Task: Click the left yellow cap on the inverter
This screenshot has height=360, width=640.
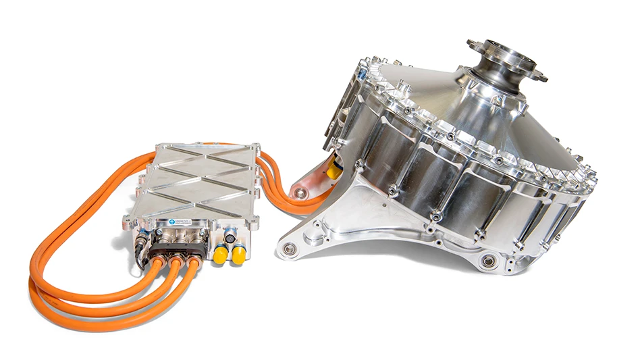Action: click(x=220, y=255)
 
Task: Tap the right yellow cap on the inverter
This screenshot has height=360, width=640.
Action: click(x=238, y=255)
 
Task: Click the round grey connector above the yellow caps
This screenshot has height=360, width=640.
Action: click(x=231, y=238)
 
